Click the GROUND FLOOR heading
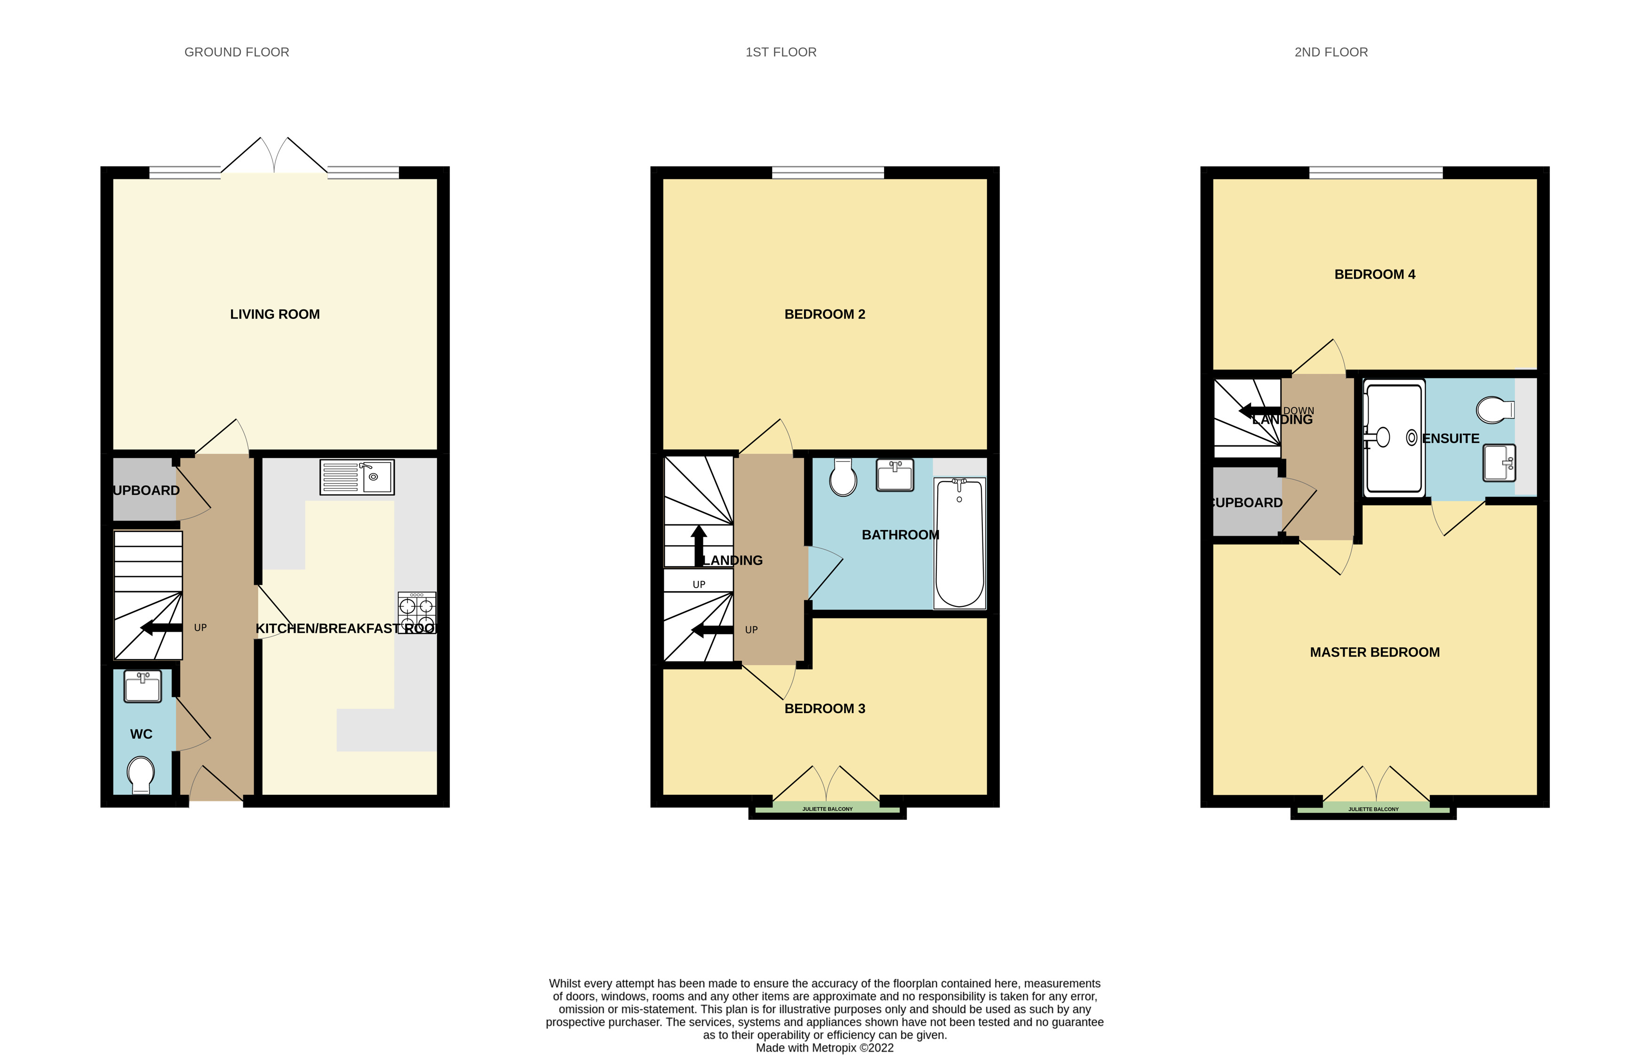click(x=236, y=52)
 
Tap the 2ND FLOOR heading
click(x=1330, y=52)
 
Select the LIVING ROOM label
click(x=275, y=315)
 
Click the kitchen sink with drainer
click(x=356, y=477)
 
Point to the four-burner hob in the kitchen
click(x=416, y=612)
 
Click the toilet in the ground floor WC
click(x=141, y=774)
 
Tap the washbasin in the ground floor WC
click(x=143, y=686)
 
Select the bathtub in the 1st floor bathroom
click(x=959, y=543)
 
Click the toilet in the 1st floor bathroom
click(x=843, y=477)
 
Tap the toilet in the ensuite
click(x=1494, y=410)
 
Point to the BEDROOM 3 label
click(x=824, y=708)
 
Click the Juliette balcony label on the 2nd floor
click(x=1373, y=809)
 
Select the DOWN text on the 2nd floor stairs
click(x=1299, y=410)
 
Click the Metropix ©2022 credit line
click(x=824, y=1047)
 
